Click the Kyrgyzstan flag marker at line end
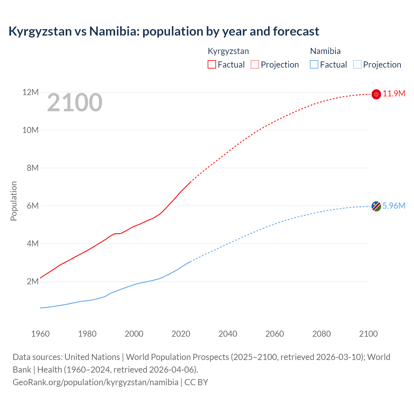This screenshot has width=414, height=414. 376,94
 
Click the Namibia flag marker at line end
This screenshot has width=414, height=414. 376,206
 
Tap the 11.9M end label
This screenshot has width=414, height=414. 394,94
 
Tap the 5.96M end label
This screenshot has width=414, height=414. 394,206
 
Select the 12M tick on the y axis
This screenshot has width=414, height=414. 30,93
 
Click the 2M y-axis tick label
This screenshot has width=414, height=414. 33,281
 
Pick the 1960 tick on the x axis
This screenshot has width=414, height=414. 40,334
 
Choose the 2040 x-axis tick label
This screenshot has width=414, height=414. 228,334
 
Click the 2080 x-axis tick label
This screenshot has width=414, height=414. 321,334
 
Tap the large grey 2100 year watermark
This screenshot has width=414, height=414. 75,103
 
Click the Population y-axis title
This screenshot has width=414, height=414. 14,201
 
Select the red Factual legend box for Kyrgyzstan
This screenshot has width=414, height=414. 212,64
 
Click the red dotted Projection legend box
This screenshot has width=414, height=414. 255,64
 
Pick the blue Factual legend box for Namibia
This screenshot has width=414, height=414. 314,64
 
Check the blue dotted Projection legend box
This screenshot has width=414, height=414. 357,64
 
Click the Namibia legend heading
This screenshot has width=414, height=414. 325,51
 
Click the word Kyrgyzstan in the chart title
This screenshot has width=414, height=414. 40,31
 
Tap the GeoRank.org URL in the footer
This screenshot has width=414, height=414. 95,382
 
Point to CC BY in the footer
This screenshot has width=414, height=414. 196,382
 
